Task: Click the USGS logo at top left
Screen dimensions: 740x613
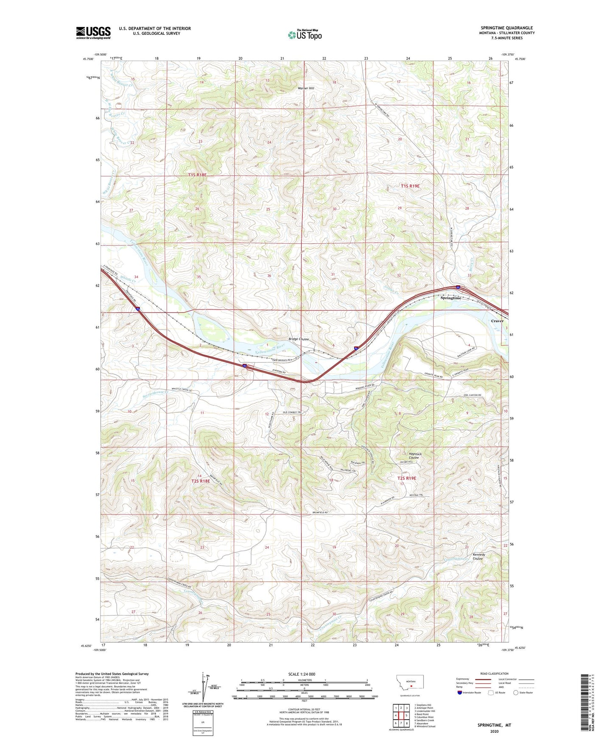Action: point(93,33)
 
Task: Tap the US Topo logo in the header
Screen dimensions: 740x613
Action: point(304,35)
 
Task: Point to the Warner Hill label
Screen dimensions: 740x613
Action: point(306,88)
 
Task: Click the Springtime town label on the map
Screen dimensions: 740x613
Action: point(450,298)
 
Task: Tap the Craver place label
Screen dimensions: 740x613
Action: point(497,321)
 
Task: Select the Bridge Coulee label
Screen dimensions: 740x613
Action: point(299,339)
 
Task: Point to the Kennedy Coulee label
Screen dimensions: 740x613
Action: point(479,556)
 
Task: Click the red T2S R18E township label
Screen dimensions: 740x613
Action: point(201,481)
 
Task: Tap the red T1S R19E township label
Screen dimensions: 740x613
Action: point(410,186)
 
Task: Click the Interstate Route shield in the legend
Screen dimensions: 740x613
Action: point(460,693)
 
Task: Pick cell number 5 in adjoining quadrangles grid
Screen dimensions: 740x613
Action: point(406,715)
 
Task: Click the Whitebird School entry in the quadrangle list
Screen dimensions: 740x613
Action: point(425,726)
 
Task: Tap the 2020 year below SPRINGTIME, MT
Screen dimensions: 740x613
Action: point(494,731)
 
